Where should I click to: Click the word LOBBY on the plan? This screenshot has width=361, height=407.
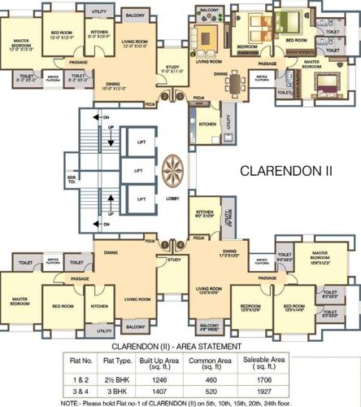172,198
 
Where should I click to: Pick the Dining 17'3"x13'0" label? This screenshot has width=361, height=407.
230,255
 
